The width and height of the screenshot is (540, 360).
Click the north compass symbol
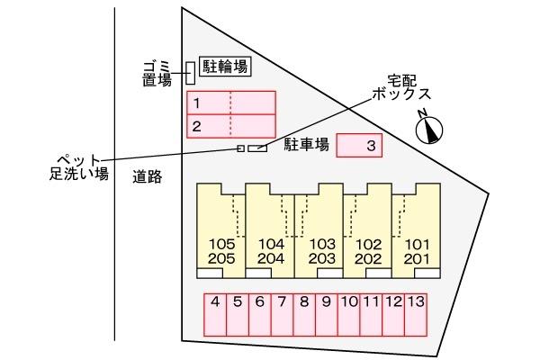click(x=431, y=130)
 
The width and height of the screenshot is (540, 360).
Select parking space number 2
click(x=230, y=126)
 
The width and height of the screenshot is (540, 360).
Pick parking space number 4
click(x=215, y=315)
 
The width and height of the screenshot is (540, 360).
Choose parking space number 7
click(x=282, y=315)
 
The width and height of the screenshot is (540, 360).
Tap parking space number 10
click(x=348, y=315)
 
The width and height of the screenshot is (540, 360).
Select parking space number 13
click(x=415, y=315)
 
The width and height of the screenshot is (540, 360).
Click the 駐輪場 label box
click(x=223, y=65)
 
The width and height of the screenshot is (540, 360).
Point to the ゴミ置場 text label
click(x=157, y=74)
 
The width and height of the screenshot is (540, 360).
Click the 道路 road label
click(x=147, y=176)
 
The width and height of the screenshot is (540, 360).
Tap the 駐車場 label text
click(x=306, y=144)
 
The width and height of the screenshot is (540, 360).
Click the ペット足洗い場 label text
click(x=78, y=166)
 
